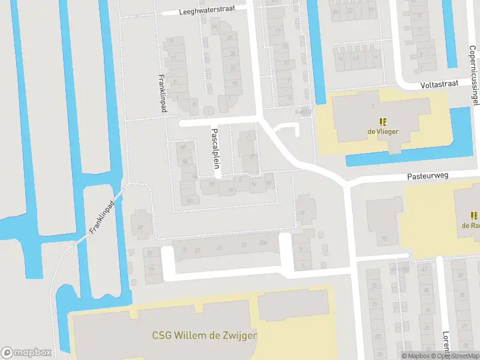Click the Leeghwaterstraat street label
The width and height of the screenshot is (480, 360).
[214, 10]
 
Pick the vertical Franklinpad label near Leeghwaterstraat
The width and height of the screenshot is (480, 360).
[161, 94]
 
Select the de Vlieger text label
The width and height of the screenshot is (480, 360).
[384, 131]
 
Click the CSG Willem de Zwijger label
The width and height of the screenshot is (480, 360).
[205, 335]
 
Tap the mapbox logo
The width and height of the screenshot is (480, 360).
[26, 352]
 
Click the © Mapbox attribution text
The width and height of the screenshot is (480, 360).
[416, 356]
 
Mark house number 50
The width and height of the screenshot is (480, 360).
[190, 200]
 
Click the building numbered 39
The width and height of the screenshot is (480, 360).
[141, 227]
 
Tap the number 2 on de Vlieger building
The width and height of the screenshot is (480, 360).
[373, 106]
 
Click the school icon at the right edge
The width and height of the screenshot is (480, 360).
[474, 215]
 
